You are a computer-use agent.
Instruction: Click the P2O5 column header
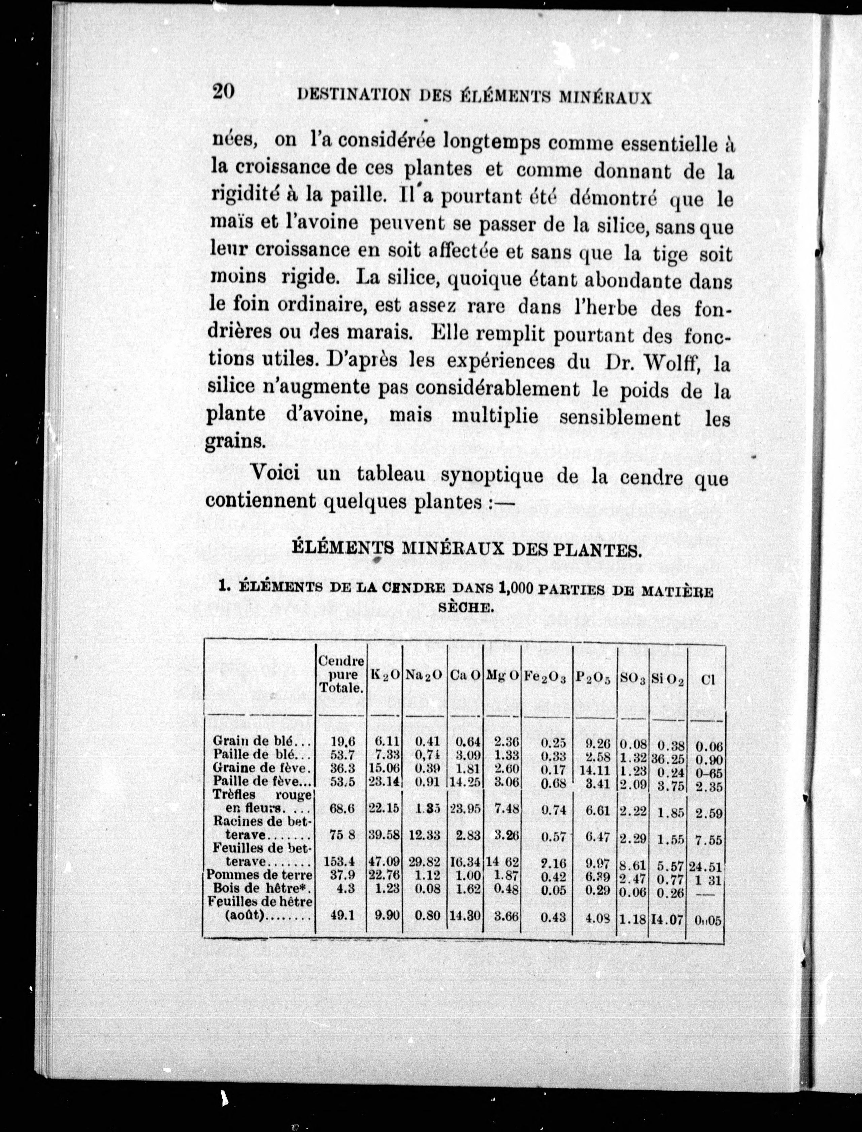pos(593,677)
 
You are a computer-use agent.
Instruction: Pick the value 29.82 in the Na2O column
pos(424,861)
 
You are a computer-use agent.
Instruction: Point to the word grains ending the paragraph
pos(234,441)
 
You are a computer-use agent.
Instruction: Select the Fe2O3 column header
pos(544,678)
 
